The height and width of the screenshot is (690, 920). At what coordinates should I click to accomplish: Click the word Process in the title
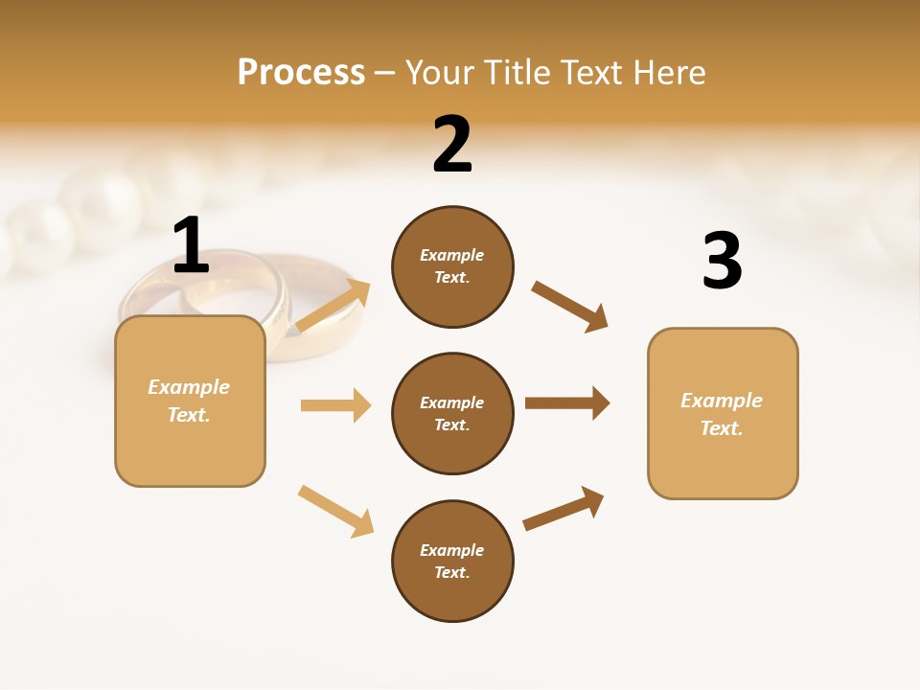[x=301, y=72]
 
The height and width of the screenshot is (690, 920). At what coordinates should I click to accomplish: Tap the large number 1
[x=191, y=245]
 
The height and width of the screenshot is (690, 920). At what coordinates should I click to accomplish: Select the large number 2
[x=452, y=145]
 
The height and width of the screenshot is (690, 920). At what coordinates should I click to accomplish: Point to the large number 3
[x=722, y=262]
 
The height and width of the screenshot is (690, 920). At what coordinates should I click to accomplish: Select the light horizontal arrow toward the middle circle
[x=335, y=405]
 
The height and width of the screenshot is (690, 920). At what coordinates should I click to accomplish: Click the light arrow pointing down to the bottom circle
[x=335, y=511]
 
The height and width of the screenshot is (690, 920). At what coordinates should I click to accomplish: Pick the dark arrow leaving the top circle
[x=570, y=307]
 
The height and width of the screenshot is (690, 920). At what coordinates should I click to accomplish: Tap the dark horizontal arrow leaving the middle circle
[x=567, y=402]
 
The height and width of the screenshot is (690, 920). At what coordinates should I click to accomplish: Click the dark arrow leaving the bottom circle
[x=564, y=509]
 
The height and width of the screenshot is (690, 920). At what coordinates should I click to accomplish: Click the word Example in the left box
[x=189, y=387]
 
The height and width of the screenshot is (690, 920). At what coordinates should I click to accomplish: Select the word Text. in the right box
[x=722, y=428]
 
